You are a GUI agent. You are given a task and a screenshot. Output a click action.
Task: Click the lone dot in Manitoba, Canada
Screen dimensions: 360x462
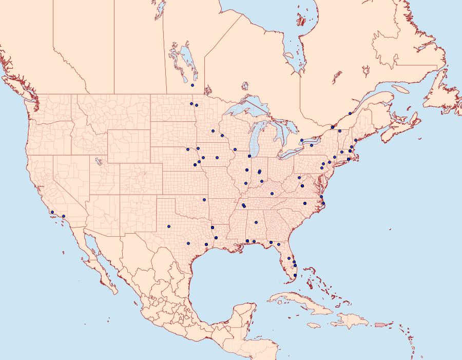tap(192, 85)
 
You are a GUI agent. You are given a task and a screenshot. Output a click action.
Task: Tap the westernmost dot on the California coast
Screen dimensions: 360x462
tap(52, 212)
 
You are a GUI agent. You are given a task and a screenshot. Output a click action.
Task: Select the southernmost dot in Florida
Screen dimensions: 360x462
tap(295, 276)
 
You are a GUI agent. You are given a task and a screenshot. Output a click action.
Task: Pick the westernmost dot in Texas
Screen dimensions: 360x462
tap(168, 226)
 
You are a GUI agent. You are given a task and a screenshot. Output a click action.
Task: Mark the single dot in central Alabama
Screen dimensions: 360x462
tap(256, 222)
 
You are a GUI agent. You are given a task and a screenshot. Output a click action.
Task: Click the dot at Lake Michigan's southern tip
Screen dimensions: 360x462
tap(249, 156)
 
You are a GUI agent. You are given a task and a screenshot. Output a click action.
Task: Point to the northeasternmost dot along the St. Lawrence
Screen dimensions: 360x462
tap(350, 113)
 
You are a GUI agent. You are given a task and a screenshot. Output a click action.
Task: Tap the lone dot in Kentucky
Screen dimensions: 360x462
tap(272, 194)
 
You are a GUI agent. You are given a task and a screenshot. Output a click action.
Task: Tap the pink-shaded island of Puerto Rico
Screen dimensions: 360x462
tap(380, 324)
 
